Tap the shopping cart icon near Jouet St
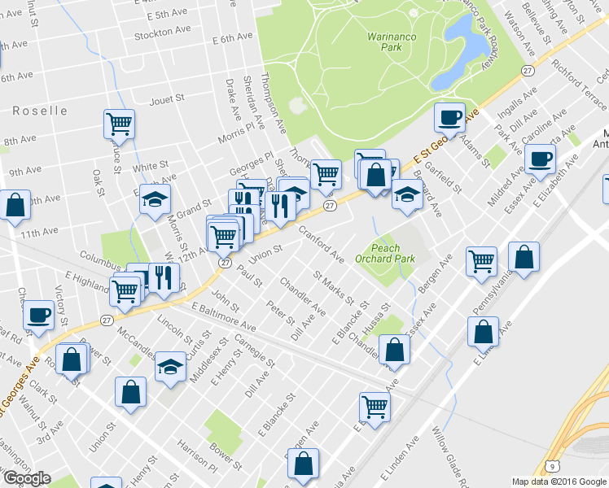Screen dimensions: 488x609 click(119, 124)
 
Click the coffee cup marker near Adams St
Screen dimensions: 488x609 click(449, 118)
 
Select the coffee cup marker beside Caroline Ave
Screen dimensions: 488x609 click(539, 158)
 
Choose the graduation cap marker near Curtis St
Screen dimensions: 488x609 click(171, 366)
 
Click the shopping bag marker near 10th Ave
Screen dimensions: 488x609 click(15, 205)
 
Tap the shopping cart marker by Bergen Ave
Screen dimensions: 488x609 click(481, 260)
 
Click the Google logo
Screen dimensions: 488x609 click(26, 478)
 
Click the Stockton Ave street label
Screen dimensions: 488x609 click(163, 31)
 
